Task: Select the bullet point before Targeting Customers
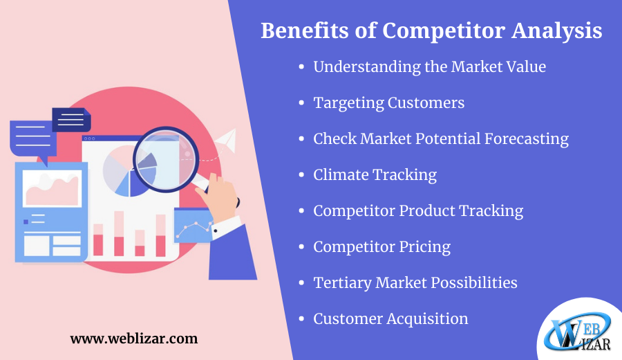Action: pos(301,103)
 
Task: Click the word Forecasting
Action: pos(527,139)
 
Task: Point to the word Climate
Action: pos(341,175)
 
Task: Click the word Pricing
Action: pos(425,247)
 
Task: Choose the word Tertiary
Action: pos(342,283)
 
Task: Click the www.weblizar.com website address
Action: pos(134,339)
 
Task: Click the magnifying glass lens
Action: pos(165,159)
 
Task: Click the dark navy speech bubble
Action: pos(71,120)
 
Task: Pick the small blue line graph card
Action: pos(194,226)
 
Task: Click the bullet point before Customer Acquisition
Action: pos(301,318)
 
